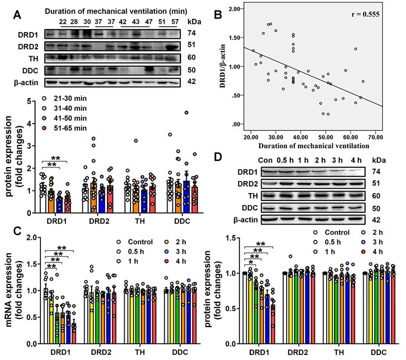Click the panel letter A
click(x=18, y=15)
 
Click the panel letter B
click(x=216, y=15)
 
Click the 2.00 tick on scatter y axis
click(x=234, y=9)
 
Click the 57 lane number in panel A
click(x=173, y=22)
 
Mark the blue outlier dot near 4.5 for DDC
click(x=187, y=113)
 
